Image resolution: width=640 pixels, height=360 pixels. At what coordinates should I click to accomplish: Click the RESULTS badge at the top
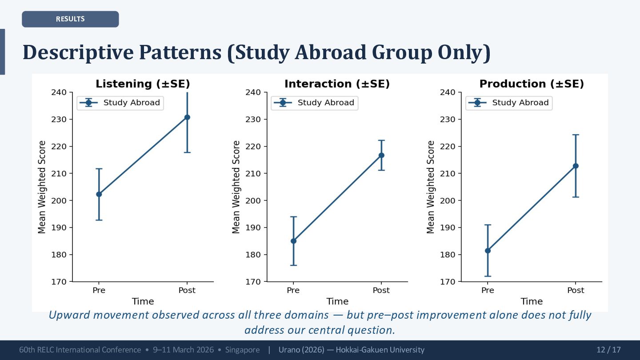(x=70, y=19)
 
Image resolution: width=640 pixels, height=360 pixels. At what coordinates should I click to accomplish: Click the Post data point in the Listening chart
(x=187, y=117)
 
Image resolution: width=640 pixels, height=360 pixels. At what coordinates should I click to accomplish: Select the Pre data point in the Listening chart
(x=99, y=194)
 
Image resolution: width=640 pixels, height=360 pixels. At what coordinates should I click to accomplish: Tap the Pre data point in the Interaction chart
(x=293, y=241)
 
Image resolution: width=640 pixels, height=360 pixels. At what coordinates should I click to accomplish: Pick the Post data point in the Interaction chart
(x=381, y=155)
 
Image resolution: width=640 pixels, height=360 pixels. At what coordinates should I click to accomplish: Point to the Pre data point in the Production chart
(x=488, y=251)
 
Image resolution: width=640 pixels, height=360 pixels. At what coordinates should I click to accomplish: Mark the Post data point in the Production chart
(x=576, y=166)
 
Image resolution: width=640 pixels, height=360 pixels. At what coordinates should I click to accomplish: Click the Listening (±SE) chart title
(x=143, y=84)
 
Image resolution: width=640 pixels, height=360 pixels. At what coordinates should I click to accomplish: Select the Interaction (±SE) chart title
(x=337, y=84)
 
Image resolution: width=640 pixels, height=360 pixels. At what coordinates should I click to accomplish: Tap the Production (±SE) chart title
(x=532, y=84)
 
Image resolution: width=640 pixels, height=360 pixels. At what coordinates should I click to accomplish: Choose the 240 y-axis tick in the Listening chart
(x=60, y=92)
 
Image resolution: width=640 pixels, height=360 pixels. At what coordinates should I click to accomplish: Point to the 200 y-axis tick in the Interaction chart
(x=254, y=200)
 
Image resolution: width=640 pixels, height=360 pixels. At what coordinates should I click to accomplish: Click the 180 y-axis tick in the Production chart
(x=448, y=255)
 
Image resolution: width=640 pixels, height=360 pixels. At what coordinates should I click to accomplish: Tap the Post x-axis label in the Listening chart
(x=187, y=290)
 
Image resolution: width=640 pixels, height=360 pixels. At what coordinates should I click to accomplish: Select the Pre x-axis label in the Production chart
(x=488, y=290)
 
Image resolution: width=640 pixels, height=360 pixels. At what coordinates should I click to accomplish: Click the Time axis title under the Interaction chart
(x=337, y=301)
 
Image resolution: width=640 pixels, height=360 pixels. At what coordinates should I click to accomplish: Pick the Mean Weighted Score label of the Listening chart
(x=42, y=187)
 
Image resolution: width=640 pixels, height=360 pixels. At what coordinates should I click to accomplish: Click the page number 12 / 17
(x=608, y=350)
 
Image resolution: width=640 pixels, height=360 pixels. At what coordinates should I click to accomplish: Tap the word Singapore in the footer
(x=242, y=350)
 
